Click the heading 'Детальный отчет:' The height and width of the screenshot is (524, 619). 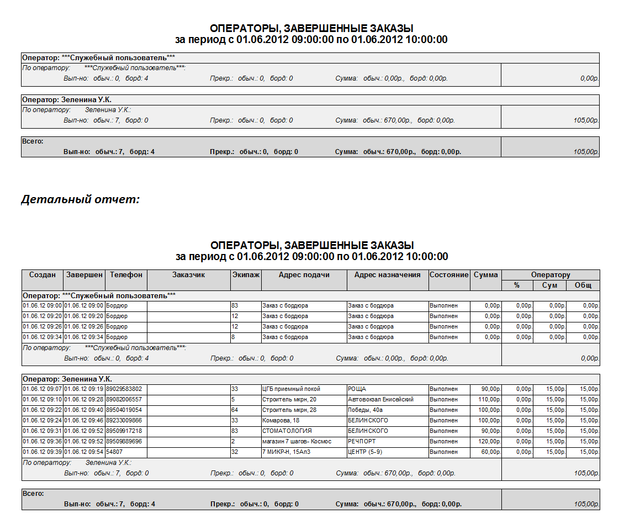click(80, 200)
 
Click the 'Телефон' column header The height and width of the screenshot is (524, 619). click(126, 275)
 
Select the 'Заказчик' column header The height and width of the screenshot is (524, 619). click(188, 275)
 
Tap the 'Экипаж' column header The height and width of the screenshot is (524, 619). click(246, 275)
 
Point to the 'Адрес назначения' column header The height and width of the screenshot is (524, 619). click(387, 275)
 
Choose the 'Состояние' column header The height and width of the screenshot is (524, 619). click(449, 275)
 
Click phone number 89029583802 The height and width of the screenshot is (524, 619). click(124, 389)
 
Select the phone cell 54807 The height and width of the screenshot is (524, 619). click(114, 452)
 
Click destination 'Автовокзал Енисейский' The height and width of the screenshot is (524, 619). click(380, 400)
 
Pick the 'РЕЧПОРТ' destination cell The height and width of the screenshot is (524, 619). click(362, 442)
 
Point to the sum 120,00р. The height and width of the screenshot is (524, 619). click(489, 442)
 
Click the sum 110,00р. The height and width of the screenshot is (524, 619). click(489, 400)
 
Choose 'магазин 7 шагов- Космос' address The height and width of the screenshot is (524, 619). click(297, 442)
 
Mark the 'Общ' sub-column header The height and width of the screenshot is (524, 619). click(583, 285)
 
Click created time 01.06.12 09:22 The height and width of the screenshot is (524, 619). click(42, 410)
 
